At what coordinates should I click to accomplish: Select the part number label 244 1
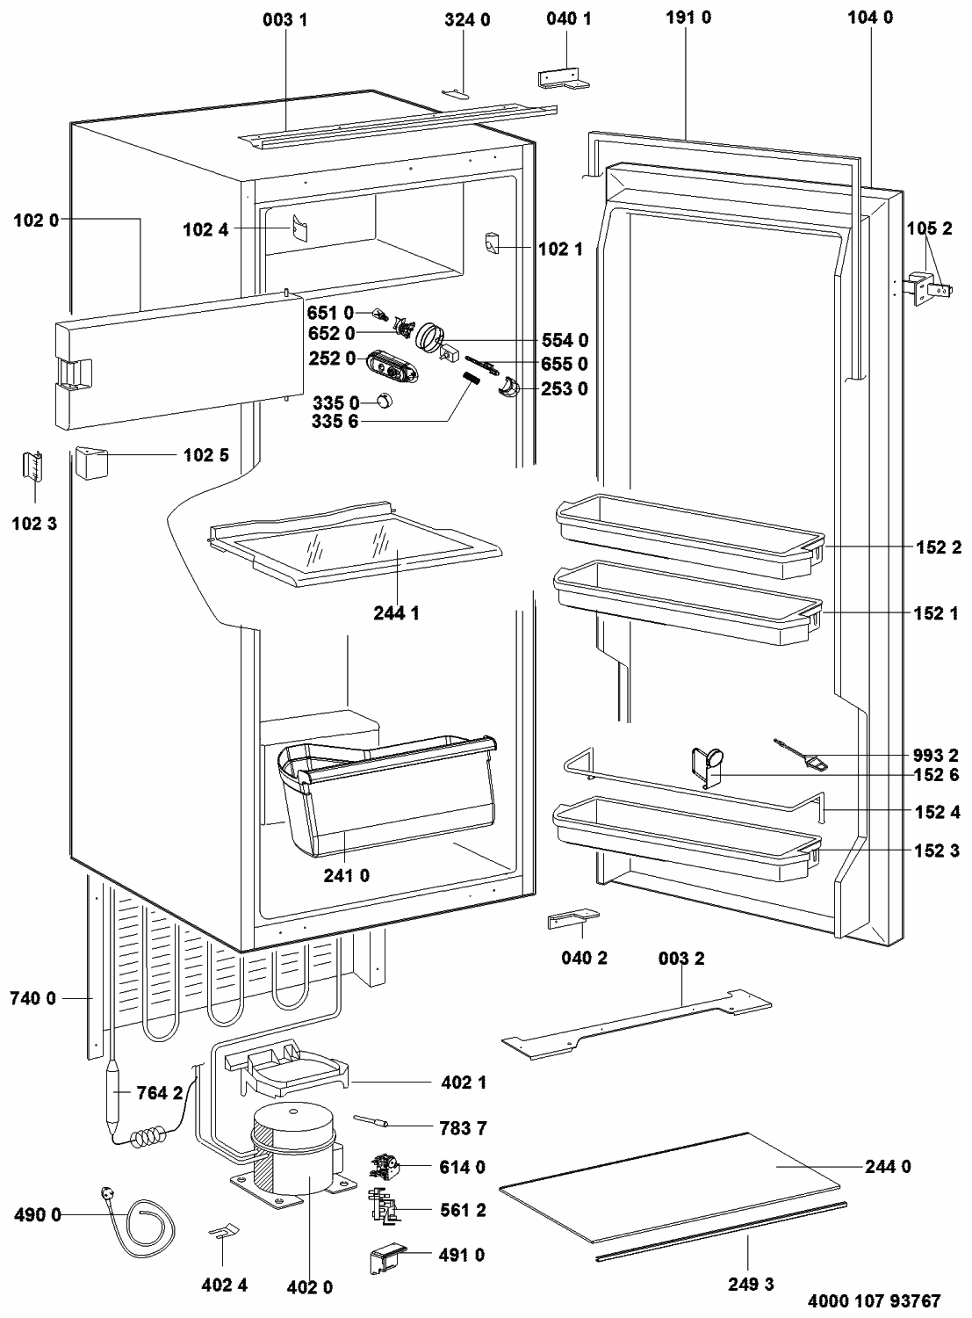tap(397, 613)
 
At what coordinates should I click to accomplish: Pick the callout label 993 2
tap(936, 755)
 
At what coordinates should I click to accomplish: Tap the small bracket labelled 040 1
tap(562, 78)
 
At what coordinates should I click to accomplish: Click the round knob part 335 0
tap(384, 402)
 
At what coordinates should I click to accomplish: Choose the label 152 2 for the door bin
tap(936, 547)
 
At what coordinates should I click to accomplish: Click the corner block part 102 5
tap(90, 463)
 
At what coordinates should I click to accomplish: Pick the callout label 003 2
tap(681, 958)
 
